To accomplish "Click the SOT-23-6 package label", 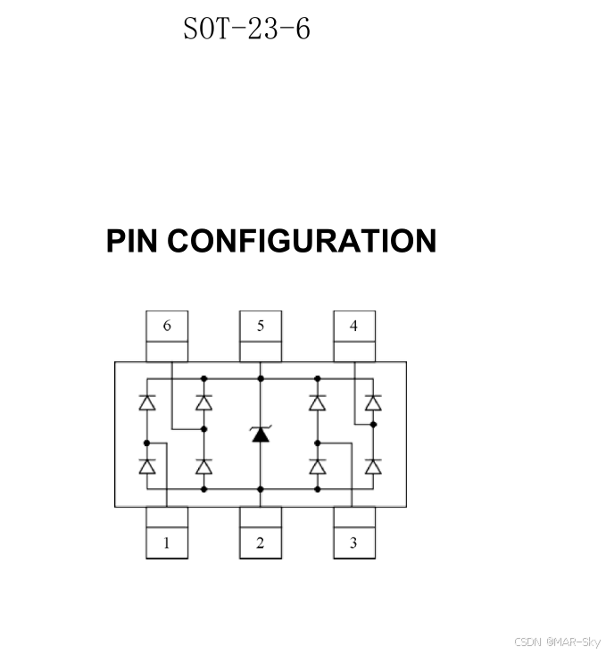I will point(246,29).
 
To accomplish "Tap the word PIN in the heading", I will point(132,241).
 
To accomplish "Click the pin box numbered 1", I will point(167,542).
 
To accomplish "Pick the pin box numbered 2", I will point(261,542).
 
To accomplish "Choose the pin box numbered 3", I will point(354,542).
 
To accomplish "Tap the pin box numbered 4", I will point(354,327).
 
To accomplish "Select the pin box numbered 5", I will point(261,327).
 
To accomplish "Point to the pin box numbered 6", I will point(167,327).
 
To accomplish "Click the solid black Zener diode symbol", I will point(261,435).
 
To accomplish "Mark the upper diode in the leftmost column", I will point(148,403).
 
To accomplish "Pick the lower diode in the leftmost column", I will point(148,466).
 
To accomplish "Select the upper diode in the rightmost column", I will point(373,403).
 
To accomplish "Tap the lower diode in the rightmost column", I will point(373,466).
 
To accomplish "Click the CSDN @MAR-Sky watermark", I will point(558,642).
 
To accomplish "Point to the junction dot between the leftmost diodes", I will point(148,442).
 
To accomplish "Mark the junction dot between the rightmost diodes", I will point(373,425).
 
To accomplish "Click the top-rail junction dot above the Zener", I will point(261,378).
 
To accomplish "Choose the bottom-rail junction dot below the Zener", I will point(261,489).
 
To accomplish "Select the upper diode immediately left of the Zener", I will point(203,403).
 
